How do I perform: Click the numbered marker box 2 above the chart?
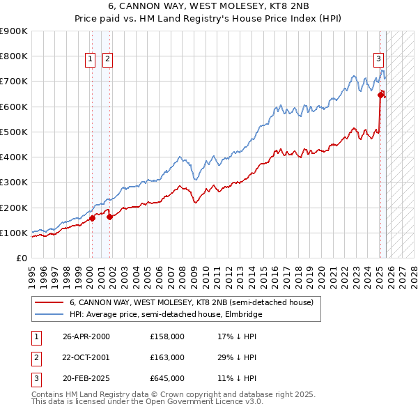tap(107, 60)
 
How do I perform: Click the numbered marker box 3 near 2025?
tap(378, 60)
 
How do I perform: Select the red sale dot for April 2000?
tap(92, 218)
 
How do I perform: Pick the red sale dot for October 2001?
tap(109, 217)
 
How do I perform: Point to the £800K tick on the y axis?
tap(14, 56)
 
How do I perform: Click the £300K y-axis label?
tap(14, 183)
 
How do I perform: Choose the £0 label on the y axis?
tap(21, 258)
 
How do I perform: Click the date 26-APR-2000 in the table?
tap(86, 336)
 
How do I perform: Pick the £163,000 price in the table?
tap(167, 357)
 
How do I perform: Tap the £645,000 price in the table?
tap(167, 378)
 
